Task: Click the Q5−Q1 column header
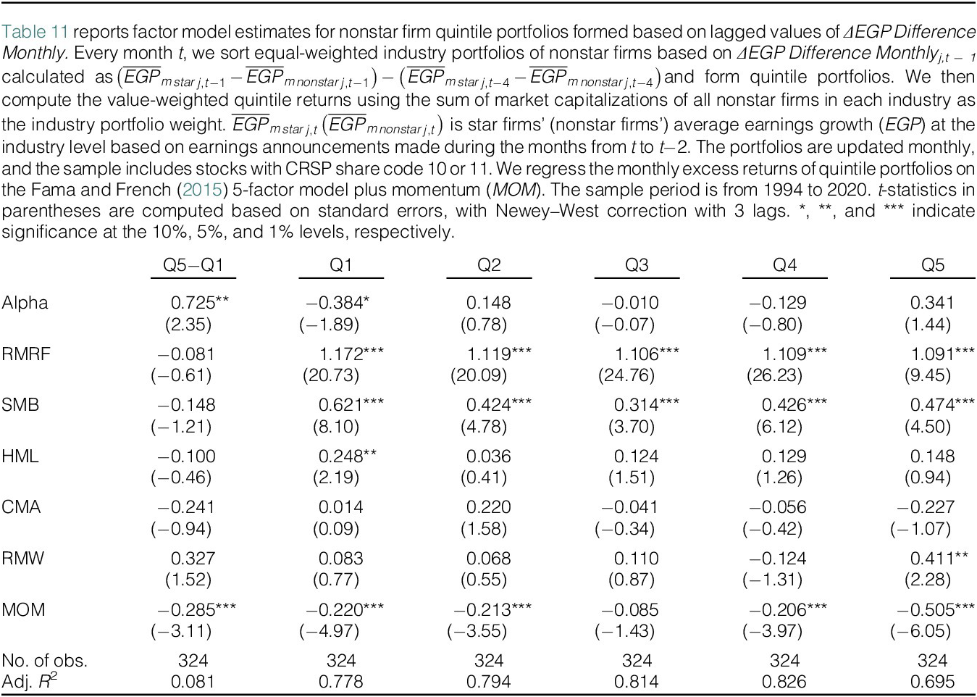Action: (193, 265)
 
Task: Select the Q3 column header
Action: (637, 265)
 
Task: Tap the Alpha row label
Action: (25, 303)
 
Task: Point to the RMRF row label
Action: (26, 354)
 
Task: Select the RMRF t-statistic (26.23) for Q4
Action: (775, 375)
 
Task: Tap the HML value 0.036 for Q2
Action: (488, 456)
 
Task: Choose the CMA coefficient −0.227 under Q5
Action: (926, 507)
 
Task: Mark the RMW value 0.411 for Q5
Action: (933, 558)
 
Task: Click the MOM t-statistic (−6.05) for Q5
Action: (921, 631)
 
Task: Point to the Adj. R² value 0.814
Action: (637, 681)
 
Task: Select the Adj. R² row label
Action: (30, 680)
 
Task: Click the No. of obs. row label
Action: (44, 660)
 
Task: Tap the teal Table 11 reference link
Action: (35, 32)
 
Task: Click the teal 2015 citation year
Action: (203, 190)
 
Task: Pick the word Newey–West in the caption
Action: (547, 211)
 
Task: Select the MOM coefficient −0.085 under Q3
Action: (630, 610)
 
